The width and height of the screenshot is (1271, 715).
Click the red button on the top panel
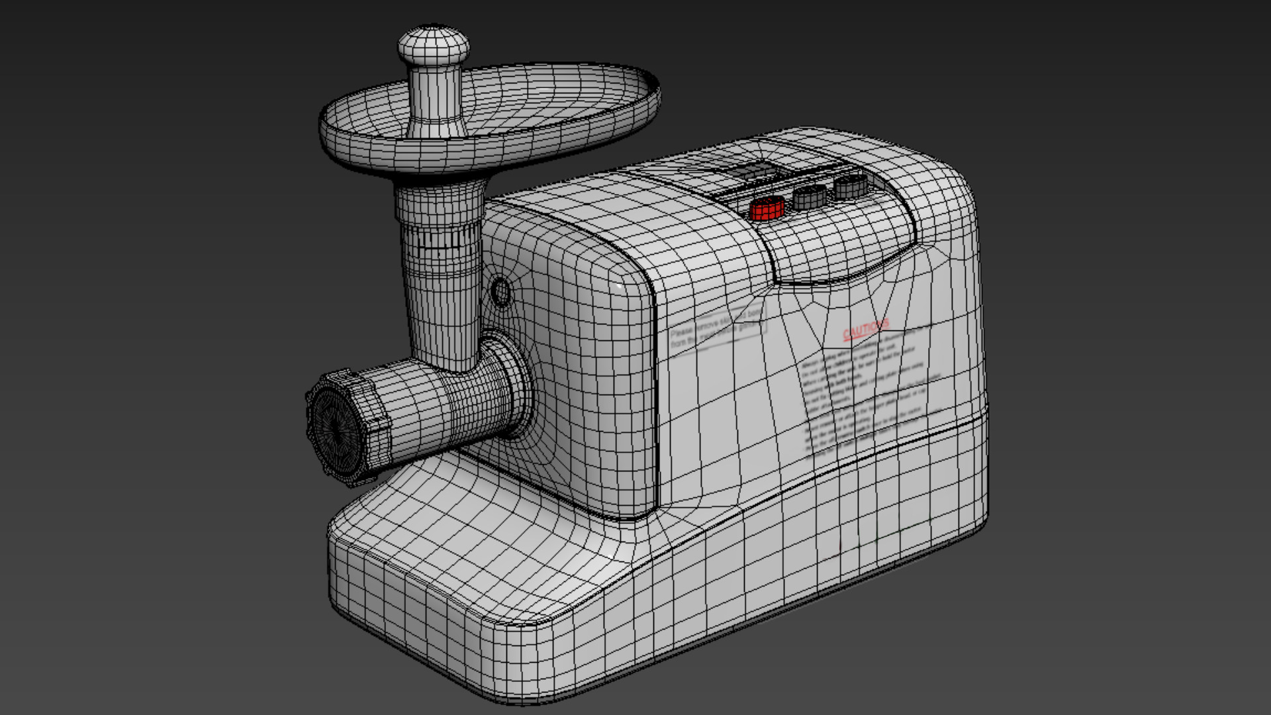click(767, 209)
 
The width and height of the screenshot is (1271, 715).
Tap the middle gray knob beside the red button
click(810, 197)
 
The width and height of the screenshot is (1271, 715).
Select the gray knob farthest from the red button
click(851, 186)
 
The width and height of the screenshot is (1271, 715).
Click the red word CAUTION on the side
click(866, 328)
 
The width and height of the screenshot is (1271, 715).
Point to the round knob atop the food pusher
click(434, 45)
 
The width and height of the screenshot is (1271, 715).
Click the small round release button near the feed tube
click(501, 292)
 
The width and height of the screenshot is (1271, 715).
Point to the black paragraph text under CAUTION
click(867, 397)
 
